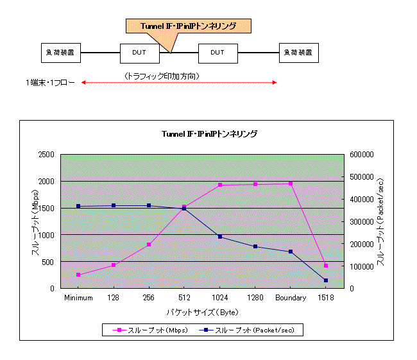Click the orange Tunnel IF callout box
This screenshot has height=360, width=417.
pos(187,26)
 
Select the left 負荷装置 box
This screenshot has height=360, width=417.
pos(61,52)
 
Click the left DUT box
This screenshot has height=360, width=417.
pos(140,52)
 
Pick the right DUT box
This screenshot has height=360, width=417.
pos(218,52)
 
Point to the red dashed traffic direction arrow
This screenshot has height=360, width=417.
pos(179,82)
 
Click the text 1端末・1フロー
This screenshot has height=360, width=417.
pos(51,82)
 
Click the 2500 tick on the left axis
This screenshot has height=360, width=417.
pos(45,155)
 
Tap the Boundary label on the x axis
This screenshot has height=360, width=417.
pos(291,298)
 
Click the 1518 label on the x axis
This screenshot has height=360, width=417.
pos(326,298)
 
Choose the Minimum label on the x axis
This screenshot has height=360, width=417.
pos(78,298)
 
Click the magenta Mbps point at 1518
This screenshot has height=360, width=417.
pos(326,266)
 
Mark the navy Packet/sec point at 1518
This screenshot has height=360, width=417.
pos(326,280)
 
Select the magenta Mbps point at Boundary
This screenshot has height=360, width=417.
pos(291,184)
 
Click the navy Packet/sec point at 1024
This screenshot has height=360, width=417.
pos(219,237)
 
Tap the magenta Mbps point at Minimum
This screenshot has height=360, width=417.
pos(78,275)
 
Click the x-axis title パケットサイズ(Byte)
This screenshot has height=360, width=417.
pos(202,312)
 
